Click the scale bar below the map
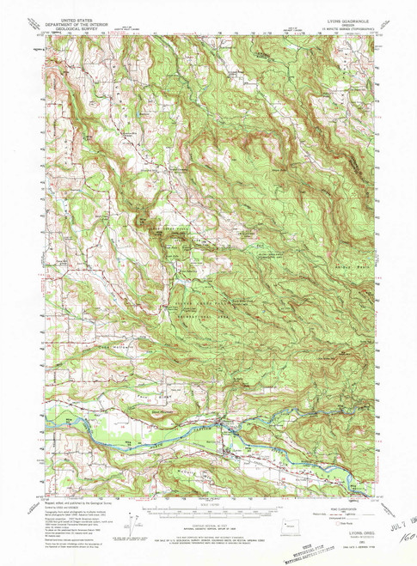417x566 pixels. pos(209,507)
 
